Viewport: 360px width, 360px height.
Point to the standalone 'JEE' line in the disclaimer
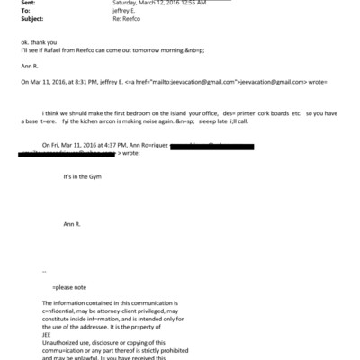tap(48, 337)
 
